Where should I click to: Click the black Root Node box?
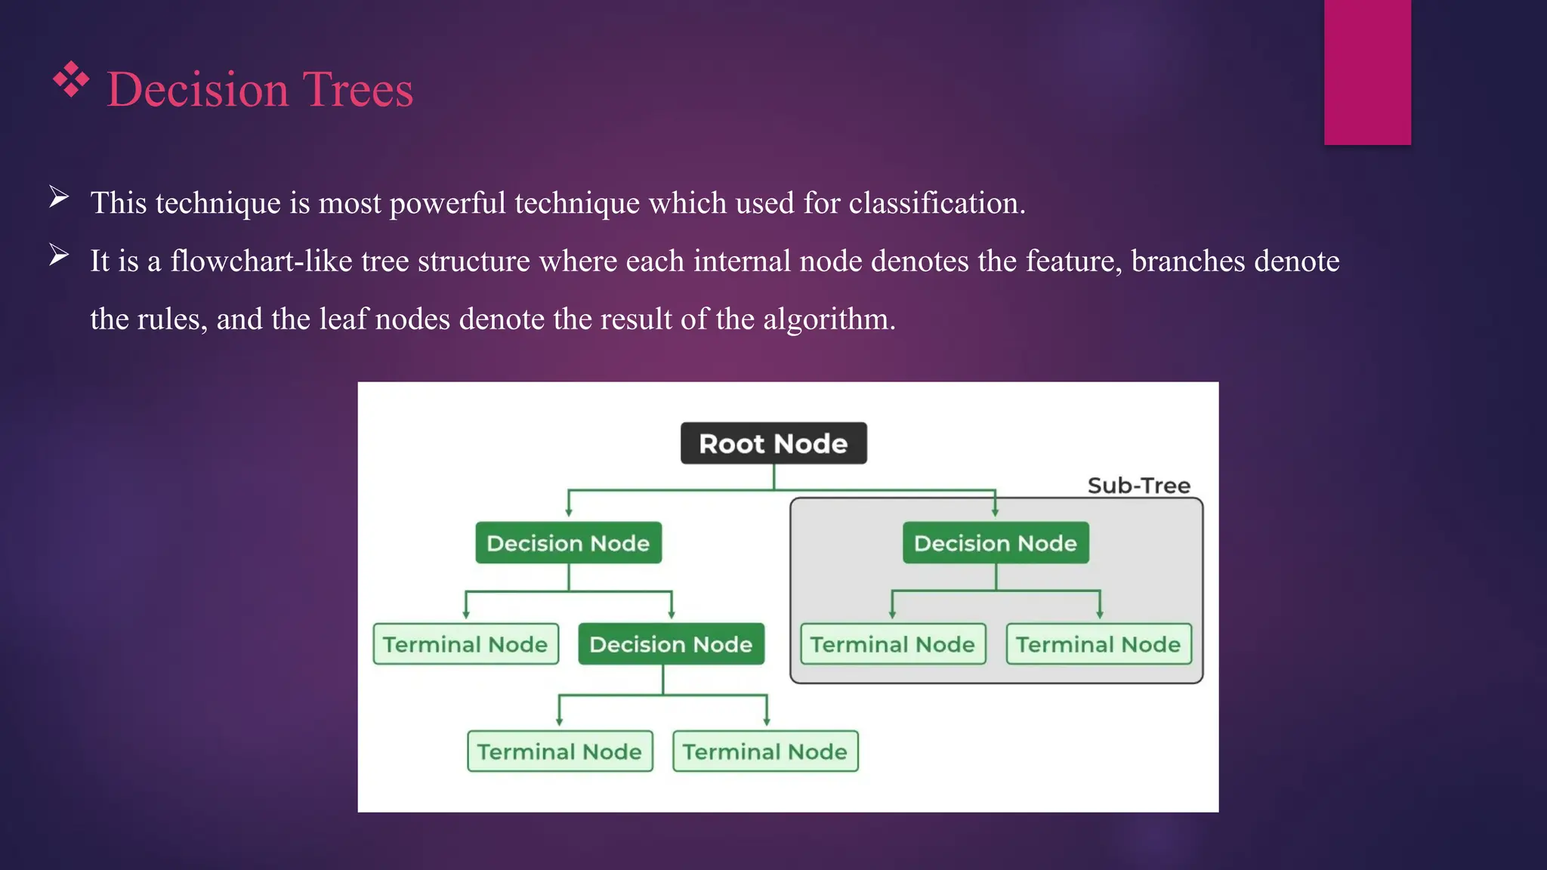coord(773,443)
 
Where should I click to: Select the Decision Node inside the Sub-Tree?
coord(996,543)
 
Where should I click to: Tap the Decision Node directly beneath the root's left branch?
coord(568,543)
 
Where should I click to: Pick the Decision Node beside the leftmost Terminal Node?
coord(671,644)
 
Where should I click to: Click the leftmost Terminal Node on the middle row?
coord(465,644)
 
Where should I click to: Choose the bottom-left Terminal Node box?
coord(560,751)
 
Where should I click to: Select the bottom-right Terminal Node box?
coord(765,751)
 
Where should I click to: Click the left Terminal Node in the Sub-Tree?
coord(893,644)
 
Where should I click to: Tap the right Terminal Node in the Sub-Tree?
coord(1098,644)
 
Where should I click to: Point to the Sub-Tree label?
coord(1138,486)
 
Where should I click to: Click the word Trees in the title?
coord(358,90)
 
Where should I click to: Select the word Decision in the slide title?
coord(198,90)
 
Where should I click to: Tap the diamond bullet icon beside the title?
coord(71,79)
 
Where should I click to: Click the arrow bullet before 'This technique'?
coord(59,198)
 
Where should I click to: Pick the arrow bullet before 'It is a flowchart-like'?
coord(59,256)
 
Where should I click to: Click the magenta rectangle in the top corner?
coord(1367,72)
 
